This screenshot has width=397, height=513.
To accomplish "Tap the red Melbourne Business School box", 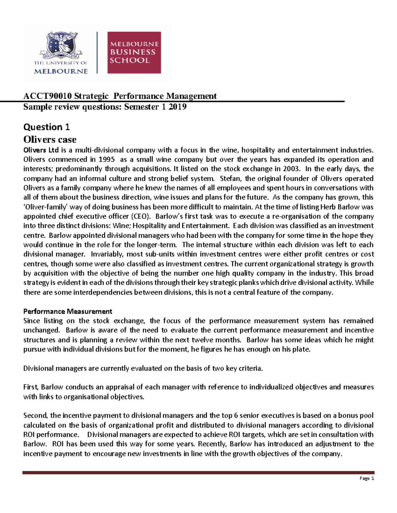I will [134, 53].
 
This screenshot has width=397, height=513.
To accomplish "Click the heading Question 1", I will [46, 127].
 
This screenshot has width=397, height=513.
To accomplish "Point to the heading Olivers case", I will [50, 139].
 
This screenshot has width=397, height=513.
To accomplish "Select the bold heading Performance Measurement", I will [67, 311].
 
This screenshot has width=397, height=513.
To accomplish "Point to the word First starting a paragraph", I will [31, 387].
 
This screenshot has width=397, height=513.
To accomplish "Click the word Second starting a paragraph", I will [35, 416].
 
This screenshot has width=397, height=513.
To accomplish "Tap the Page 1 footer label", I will [367, 478].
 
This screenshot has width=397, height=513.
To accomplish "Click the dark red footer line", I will [198, 473].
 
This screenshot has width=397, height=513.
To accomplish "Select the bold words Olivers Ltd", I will [41, 150].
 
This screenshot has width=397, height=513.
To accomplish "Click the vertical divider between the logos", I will [97, 53].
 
